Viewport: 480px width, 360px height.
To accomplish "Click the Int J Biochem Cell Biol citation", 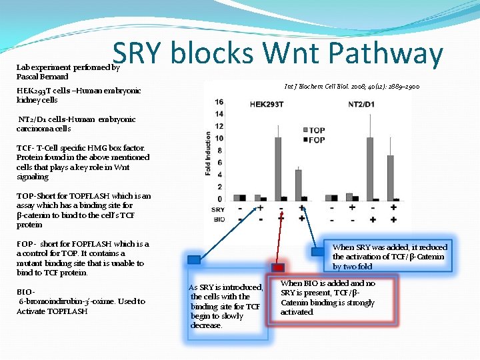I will click(x=351, y=87).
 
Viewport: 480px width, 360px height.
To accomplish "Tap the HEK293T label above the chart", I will click(x=266, y=104).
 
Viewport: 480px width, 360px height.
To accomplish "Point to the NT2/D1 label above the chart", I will click(x=365, y=104).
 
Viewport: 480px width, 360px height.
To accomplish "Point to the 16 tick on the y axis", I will click(x=219, y=102).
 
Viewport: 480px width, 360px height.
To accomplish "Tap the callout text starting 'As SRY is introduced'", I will click(x=226, y=306).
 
